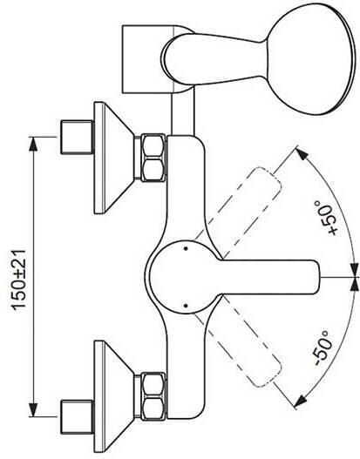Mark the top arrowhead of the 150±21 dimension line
pyautogui.click(x=36, y=138)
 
